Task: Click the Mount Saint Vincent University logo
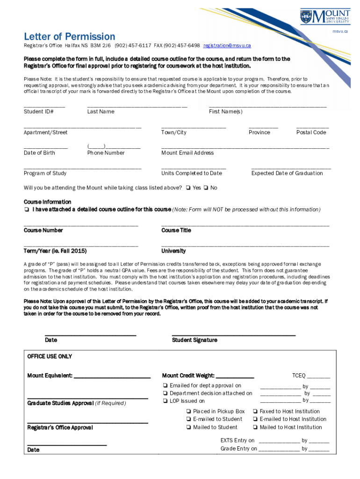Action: click(324, 18)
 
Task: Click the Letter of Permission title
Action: click(69, 36)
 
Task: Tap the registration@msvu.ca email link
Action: click(227, 46)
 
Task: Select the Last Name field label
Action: click(101, 112)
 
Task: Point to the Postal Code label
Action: click(311, 132)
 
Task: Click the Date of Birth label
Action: click(39, 153)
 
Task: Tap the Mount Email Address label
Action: click(187, 153)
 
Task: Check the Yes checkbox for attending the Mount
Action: click(187, 188)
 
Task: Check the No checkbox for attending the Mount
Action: click(206, 188)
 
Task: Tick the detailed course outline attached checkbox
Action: click(27, 210)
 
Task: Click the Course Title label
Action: click(176, 231)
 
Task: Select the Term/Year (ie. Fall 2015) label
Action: click(55, 251)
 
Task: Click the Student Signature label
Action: click(194, 340)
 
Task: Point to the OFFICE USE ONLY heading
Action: click(50, 356)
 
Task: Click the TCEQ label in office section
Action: click(299, 376)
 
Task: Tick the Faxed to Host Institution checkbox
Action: click(255, 412)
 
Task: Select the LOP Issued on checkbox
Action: click(166, 401)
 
